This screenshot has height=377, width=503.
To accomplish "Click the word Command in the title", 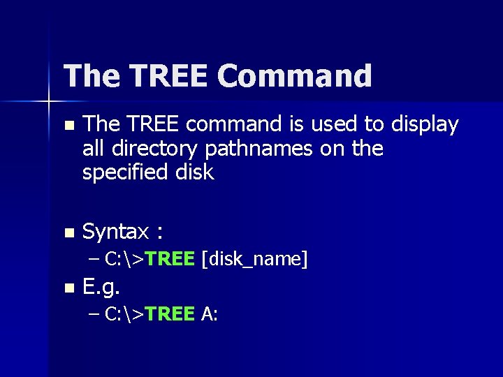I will [294, 76].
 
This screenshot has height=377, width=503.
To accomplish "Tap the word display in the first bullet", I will [425, 125].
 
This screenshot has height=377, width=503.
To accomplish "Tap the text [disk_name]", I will [254, 260].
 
